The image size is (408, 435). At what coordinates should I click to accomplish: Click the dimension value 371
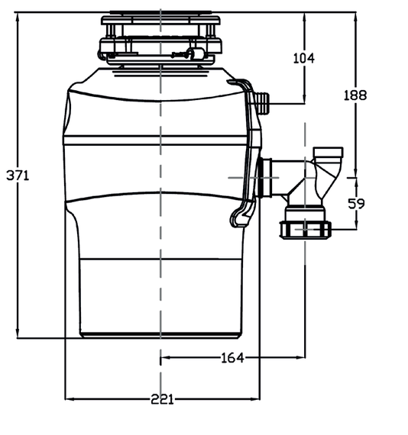point(18,176)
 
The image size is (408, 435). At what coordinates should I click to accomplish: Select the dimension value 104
point(304,58)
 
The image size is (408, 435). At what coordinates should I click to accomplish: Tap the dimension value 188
point(355,95)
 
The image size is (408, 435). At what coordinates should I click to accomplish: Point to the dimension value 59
point(356,204)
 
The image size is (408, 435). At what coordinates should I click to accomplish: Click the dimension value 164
point(232,358)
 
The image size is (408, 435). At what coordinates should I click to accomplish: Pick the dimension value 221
point(162,399)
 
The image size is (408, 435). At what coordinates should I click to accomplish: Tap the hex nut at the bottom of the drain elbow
point(306,230)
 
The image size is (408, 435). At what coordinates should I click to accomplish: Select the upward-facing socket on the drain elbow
point(328,153)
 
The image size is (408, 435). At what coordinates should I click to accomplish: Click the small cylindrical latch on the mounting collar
point(196,53)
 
